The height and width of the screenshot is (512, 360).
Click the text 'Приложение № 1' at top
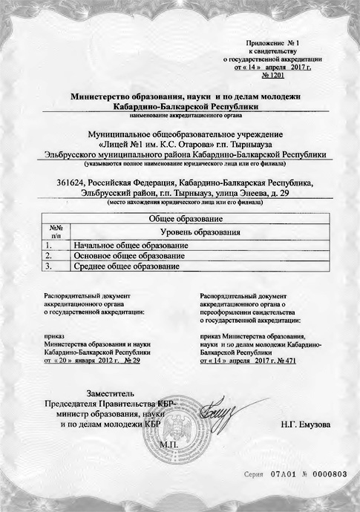coord(272,44)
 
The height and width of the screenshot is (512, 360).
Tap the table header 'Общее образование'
coord(181,220)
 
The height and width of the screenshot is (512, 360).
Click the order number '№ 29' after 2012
coord(132,360)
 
